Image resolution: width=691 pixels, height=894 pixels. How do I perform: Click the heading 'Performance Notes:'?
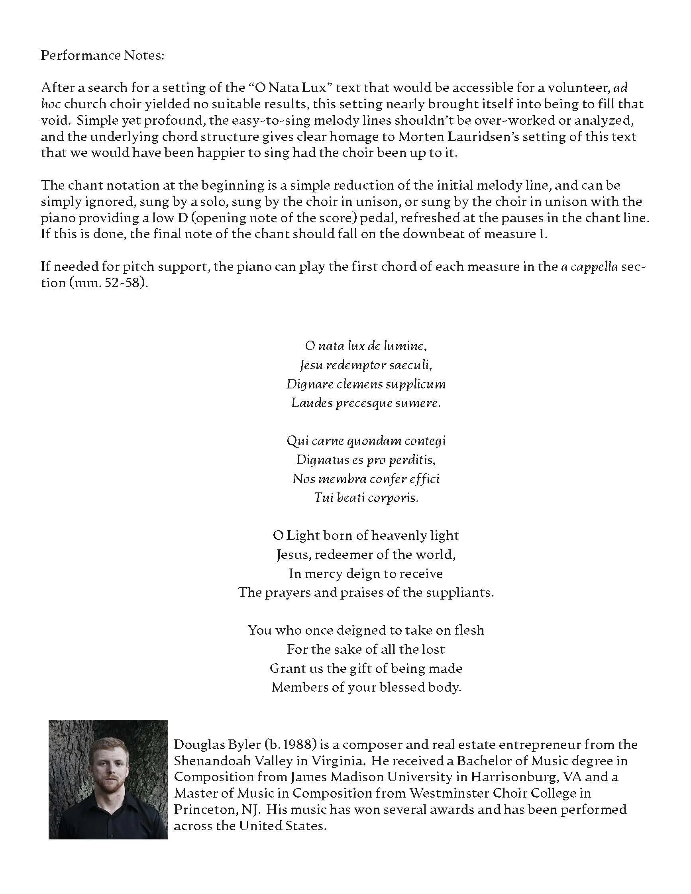[x=102, y=55]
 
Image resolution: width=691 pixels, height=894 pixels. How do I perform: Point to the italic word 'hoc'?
[x=51, y=104]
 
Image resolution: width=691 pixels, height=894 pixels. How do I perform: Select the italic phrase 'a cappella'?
[x=589, y=267]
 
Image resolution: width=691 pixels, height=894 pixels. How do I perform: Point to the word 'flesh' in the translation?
[x=469, y=630]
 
